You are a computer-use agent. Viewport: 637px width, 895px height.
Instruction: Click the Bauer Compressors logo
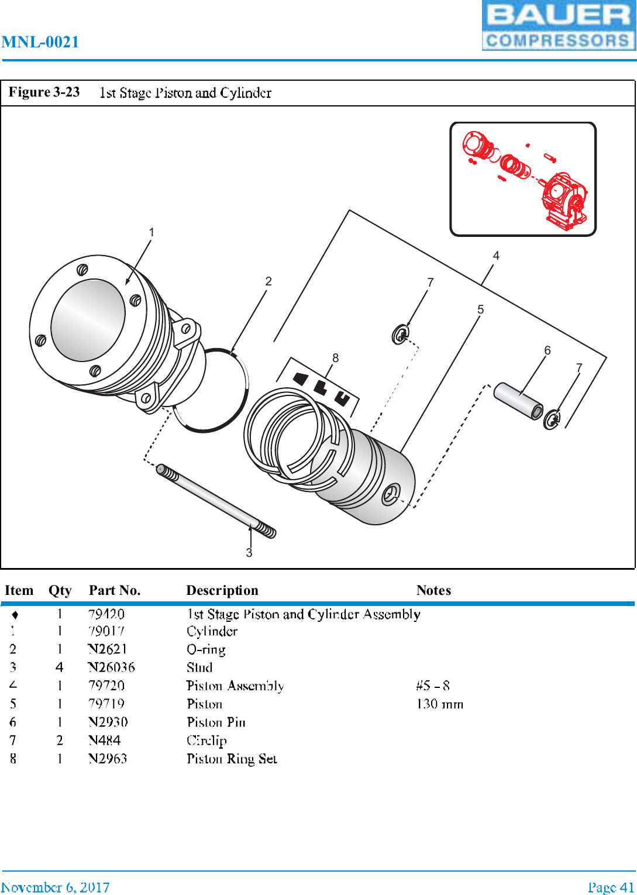pyautogui.click(x=558, y=25)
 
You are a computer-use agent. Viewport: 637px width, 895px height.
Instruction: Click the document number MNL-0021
pyautogui.click(x=40, y=42)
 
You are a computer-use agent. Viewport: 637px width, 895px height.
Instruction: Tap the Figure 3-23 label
pyautogui.click(x=44, y=92)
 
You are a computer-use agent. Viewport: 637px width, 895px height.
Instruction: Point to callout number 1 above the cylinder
pyautogui.click(x=151, y=232)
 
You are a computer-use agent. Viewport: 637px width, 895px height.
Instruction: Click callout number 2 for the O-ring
pyautogui.click(x=268, y=281)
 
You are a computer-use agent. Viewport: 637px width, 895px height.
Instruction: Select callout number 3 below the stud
pyautogui.click(x=249, y=553)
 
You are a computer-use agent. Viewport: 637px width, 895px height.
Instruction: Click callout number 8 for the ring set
pyautogui.click(x=335, y=358)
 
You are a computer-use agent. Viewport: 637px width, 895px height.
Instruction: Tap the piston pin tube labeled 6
pyautogui.click(x=518, y=401)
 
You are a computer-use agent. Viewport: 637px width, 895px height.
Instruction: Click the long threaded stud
pyautogui.click(x=216, y=501)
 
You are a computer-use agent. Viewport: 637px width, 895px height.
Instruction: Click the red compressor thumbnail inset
pyautogui.click(x=523, y=179)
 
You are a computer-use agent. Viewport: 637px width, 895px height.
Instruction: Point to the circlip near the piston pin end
pyautogui.click(x=552, y=419)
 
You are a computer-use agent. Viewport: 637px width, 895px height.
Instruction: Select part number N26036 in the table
pyautogui.click(x=111, y=667)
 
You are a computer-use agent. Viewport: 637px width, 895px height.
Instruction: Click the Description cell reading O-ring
pyautogui.click(x=206, y=649)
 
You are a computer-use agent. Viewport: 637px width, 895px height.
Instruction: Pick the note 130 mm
pyautogui.click(x=439, y=704)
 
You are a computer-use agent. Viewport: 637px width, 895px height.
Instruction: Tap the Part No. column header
pyautogui.click(x=115, y=590)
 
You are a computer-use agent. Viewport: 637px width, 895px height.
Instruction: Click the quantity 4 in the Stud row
pyautogui.click(x=60, y=667)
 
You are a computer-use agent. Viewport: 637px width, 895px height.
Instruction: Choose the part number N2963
pyautogui.click(x=108, y=759)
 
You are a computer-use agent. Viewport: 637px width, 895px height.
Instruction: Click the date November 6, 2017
pyautogui.click(x=55, y=887)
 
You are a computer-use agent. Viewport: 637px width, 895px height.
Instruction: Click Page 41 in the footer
pyautogui.click(x=611, y=887)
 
